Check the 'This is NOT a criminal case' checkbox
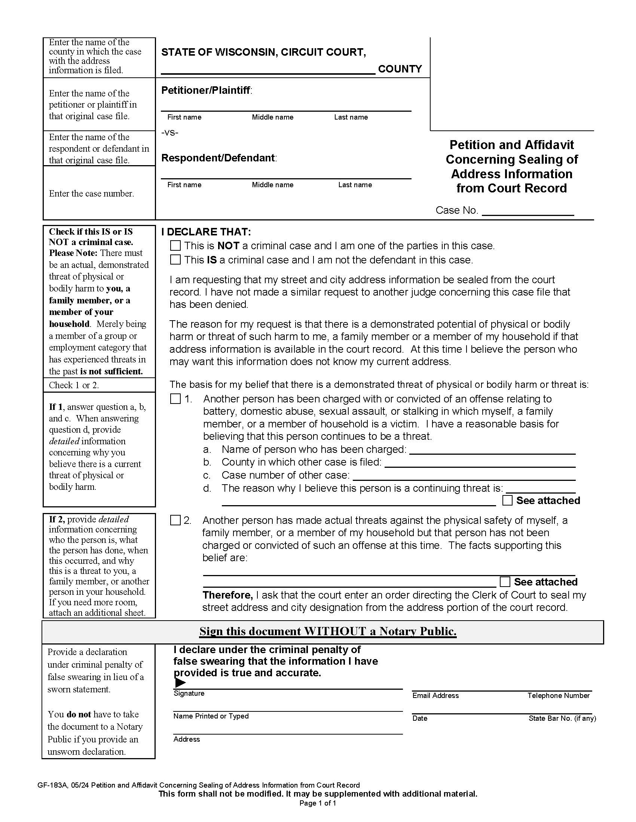[x=175, y=245]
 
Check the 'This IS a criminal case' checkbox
[x=175, y=259]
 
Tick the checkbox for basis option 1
[x=175, y=399]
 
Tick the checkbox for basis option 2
[x=175, y=520]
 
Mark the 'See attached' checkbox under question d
[x=508, y=500]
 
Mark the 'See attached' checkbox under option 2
[x=505, y=582]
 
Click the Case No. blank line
[x=528, y=211]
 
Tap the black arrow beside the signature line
[x=180, y=682]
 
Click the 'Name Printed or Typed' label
[x=211, y=716]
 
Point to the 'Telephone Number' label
[x=558, y=696]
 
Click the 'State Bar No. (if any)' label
[x=562, y=718]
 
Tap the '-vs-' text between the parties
[x=169, y=133]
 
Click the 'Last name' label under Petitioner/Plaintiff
[x=351, y=117]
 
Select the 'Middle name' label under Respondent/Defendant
[x=272, y=185]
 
